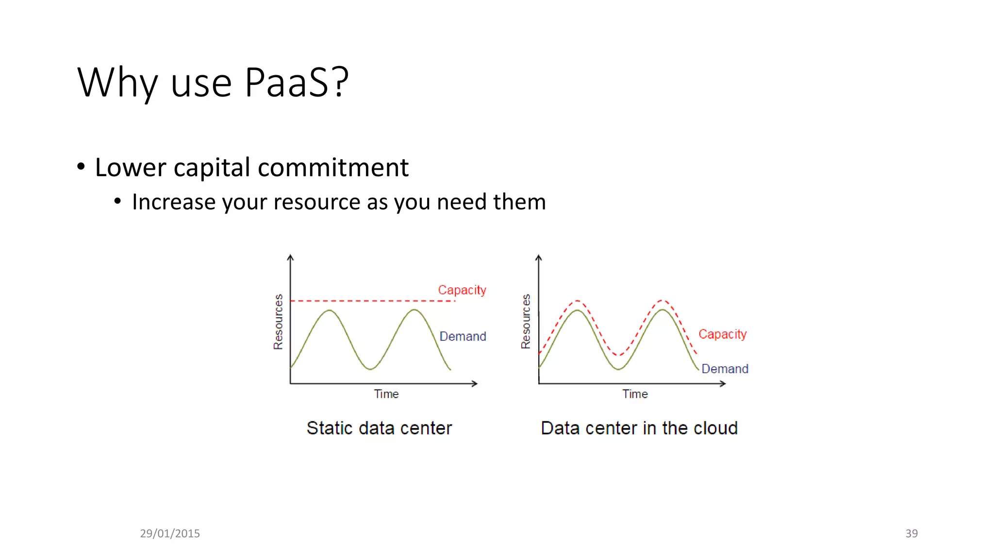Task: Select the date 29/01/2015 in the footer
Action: coord(170,533)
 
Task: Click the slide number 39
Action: coord(911,533)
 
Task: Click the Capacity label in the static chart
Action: coord(462,290)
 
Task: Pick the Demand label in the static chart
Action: coord(463,336)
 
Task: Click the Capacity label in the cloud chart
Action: coord(722,334)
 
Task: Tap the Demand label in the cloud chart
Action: coord(725,369)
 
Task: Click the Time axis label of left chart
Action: coord(386,394)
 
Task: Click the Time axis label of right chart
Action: coord(635,394)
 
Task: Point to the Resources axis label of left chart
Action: coord(278,322)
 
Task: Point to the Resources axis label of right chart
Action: coord(526,322)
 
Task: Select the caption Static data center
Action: coord(379,428)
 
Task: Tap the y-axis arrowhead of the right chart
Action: coord(538,258)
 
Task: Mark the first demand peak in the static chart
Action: coord(330,310)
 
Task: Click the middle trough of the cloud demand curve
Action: coord(619,369)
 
